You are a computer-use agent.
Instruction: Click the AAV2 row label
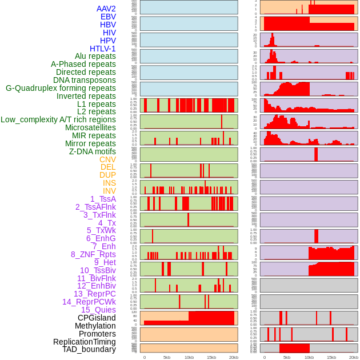(106, 9)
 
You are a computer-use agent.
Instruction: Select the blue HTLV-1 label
(103, 49)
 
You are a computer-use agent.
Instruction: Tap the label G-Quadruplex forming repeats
(61, 88)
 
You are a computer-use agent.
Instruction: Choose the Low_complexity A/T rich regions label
(58, 119)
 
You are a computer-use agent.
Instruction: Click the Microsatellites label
(90, 127)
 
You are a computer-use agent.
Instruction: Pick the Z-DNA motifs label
(93, 151)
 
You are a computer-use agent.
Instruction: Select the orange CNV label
(107, 159)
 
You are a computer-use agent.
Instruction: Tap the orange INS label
(109, 183)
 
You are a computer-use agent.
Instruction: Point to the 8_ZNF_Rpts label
(93, 254)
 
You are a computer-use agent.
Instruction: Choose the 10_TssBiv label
(98, 270)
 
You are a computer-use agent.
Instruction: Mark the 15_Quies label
(98, 310)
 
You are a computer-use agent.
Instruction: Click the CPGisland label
(97, 318)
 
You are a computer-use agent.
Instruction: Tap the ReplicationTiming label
(84, 342)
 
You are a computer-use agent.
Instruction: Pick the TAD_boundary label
(89, 349)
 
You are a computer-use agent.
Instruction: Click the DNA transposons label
(85, 80)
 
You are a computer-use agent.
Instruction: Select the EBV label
(108, 17)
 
